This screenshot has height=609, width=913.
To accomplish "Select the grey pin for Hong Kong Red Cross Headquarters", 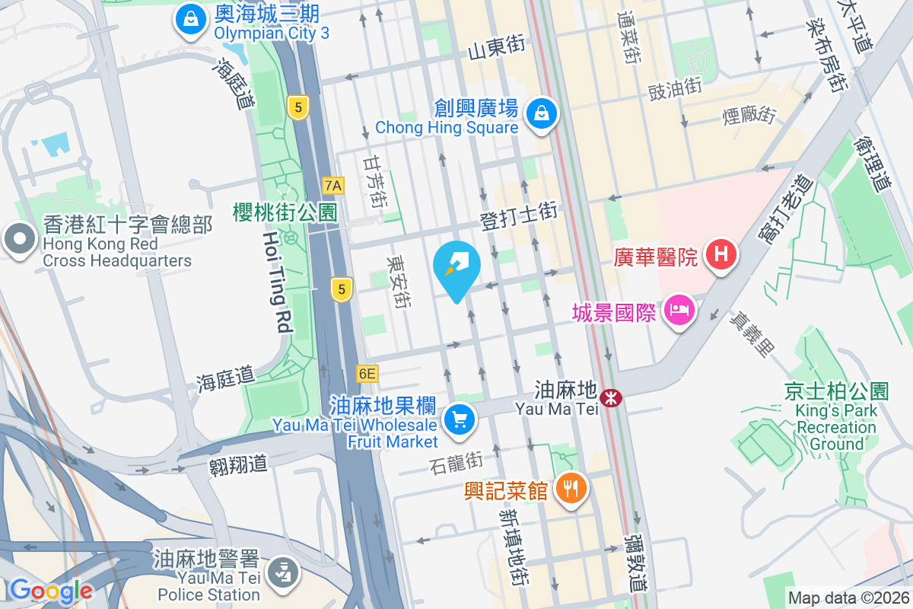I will point(19,240).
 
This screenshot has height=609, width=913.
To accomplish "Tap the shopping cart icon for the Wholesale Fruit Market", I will point(459,419).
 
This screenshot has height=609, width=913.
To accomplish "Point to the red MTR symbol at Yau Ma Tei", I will point(611,397).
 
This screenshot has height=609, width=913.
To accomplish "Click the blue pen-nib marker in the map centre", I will point(456,267).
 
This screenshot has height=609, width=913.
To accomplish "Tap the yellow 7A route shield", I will point(333,185).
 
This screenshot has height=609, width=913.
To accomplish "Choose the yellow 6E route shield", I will point(367,373).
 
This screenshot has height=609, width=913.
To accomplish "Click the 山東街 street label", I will point(496,49).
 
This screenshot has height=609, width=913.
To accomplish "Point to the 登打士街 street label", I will point(519,216).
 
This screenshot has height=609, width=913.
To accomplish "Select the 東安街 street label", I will point(398,282).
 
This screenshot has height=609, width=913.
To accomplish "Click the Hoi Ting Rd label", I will point(277,283).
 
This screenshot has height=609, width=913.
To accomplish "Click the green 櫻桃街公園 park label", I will point(285,212).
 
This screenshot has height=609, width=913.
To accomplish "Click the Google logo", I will point(51,591).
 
